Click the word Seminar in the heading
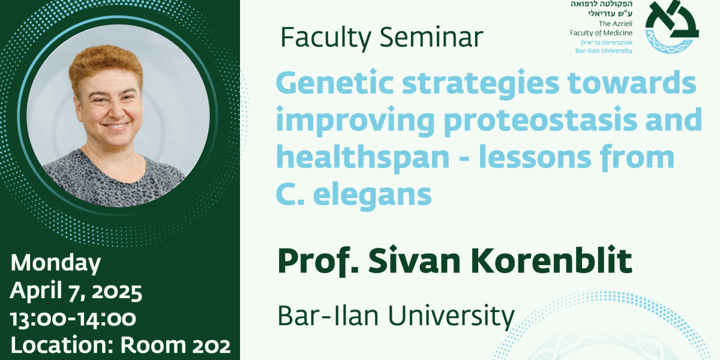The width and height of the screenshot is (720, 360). (x=431, y=37)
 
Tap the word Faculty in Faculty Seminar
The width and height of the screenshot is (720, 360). (x=326, y=38)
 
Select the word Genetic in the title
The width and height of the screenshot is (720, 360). (x=335, y=82)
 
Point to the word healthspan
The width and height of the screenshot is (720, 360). (x=362, y=157)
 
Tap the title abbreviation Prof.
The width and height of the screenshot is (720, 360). (x=318, y=260)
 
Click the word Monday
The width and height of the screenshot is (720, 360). (x=56, y=263)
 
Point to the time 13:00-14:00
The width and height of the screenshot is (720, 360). (x=73, y=319)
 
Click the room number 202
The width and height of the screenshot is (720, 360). (x=211, y=346)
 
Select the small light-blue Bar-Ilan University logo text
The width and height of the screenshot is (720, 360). (x=604, y=51)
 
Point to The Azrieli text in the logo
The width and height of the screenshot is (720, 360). (x=616, y=23)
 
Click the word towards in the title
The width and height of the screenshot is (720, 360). (x=632, y=82)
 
